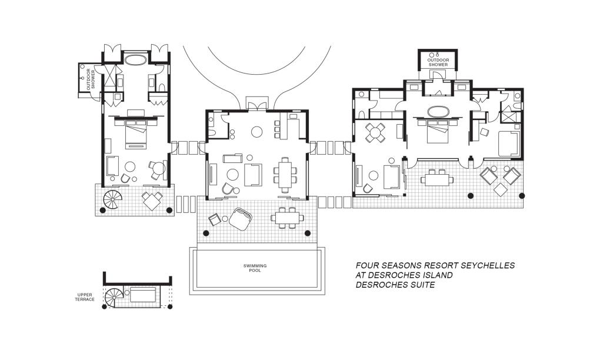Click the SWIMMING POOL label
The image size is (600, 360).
pyautogui.click(x=255, y=268)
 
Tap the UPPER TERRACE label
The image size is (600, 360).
pyautogui.click(x=85, y=297)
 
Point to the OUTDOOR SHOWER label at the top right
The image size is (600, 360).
pyautogui.click(x=437, y=62)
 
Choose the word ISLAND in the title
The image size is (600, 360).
pyautogui.click(x=436, y=275)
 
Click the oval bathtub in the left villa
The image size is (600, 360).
pyautogui.click(x=136, y=59)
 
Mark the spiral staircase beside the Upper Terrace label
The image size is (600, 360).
pyautogui.click(x=114, y=297)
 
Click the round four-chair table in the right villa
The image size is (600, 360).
pyautogui.click(x=375, y=132)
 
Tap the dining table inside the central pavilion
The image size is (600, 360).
pyautogui.click(x=285, y=174)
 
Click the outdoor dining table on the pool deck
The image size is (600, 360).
pyautogui.click(x=287, y=218)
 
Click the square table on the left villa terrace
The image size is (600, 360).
pyautogui.click(x=152, y=201)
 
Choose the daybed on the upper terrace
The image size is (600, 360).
pyautogui.click(x=143, y=295)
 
